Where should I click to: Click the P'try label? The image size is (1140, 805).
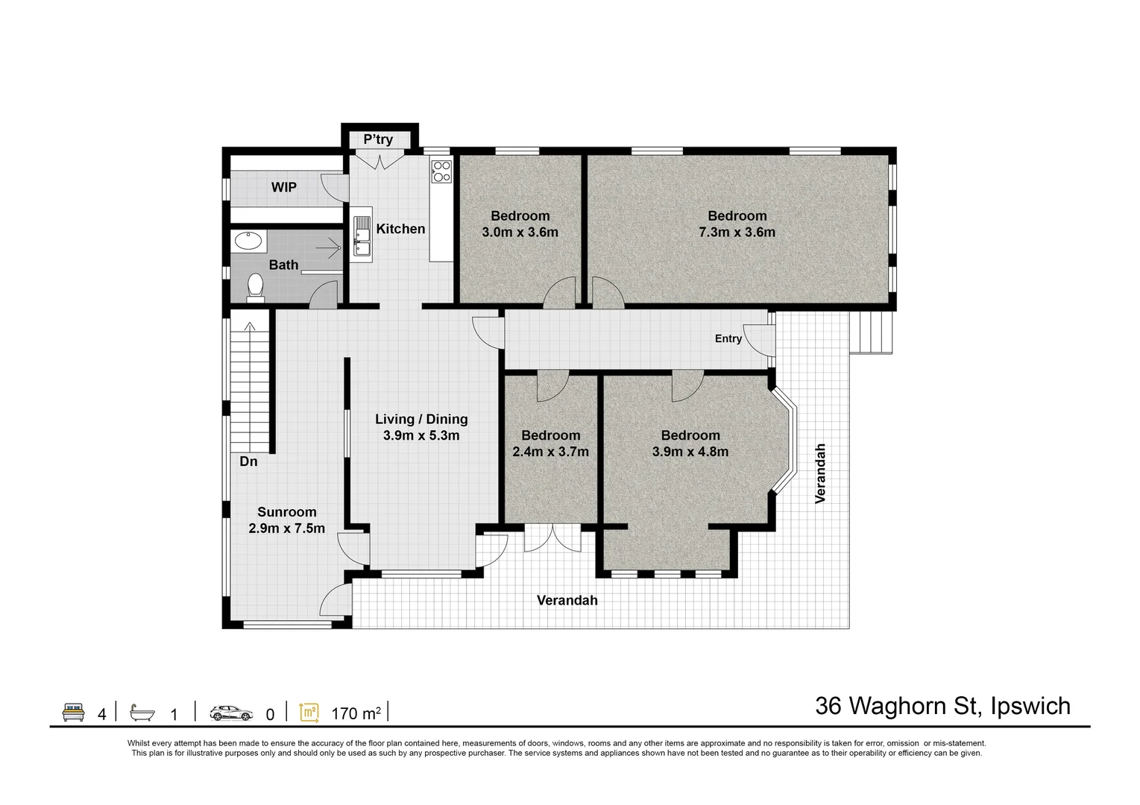[x=378, y=139]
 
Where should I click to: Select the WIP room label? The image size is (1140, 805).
[x=283, y=187]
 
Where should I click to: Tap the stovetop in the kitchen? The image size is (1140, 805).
[x=441, y=171]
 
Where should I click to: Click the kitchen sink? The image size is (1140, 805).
[x=362, y=236]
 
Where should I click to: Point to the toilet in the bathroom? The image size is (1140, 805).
[x=255, y=286]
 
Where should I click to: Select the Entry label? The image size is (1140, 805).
[x=728, y=338]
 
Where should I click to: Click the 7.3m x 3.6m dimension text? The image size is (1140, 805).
[x=737, y=233]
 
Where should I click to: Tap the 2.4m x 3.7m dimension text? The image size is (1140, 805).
[x=550, y=452]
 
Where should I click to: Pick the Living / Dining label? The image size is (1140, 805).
[x=421, y=419]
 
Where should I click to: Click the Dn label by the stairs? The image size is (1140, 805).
[x=248, y=461]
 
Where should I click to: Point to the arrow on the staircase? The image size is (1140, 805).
[x=250, y=328]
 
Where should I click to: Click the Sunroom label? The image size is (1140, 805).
[x=287, y=512]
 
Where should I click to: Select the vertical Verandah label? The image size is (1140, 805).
[x=820, y=473]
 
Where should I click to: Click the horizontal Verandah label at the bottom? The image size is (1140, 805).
[x=567, y=600]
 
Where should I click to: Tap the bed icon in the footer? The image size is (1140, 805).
[x=72, y=712]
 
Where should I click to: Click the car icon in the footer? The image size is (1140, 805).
[x=231, y=713]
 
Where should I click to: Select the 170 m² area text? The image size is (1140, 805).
[x=356, y=713]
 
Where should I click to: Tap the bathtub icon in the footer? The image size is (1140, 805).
[x=142, y=713]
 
